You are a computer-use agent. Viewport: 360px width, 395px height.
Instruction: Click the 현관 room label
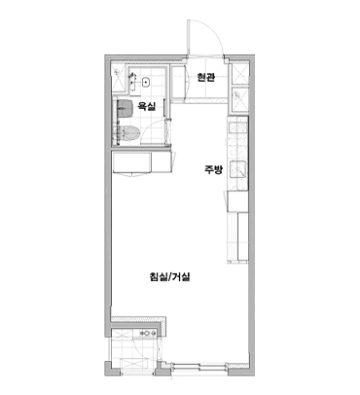point(206,78)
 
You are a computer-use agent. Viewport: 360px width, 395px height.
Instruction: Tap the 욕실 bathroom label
point(146,106)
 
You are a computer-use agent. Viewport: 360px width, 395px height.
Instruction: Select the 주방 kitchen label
point(213,169)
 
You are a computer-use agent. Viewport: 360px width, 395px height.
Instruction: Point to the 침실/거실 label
point(169,276)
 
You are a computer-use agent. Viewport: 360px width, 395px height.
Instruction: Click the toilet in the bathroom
point(129,133)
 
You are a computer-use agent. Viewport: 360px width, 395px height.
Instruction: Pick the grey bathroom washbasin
point(126,108)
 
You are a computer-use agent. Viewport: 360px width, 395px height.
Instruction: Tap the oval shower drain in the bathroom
point(147,83)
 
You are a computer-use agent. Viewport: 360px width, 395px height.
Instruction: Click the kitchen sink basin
point(238,170)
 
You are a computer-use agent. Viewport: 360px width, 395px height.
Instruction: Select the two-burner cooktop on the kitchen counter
point(238,128)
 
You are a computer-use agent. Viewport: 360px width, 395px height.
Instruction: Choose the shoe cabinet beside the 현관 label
point(179,82)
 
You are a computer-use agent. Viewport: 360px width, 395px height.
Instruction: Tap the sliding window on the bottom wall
point(198,366)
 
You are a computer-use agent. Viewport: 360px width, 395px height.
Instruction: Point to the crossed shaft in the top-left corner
point(118,77)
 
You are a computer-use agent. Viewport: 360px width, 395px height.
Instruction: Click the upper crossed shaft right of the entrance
point(239,74)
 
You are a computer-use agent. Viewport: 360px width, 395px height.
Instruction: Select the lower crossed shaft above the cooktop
point(239,100)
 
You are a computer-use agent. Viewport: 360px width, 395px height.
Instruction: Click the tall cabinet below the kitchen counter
point(238,236)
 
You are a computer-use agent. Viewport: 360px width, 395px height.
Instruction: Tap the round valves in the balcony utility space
point(147,333)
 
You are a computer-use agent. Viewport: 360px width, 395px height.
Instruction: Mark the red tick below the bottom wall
point(171,377)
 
